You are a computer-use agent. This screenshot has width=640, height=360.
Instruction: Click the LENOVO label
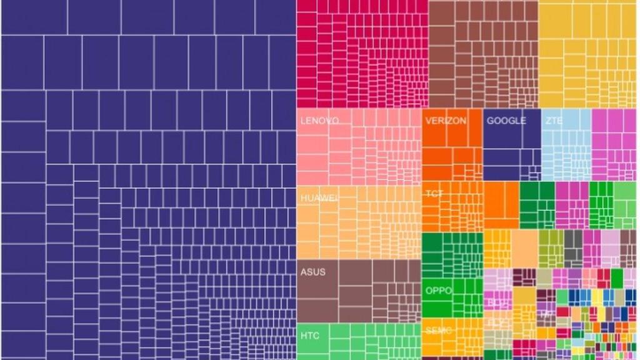coord(319,121)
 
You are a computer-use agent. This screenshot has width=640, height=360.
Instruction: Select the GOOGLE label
coord(506,121)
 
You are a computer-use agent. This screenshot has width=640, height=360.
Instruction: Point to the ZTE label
coord(552,121)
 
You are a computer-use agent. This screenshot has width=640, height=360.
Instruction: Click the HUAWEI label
coord(319,197)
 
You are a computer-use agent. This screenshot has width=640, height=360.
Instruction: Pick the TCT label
coord(434,194)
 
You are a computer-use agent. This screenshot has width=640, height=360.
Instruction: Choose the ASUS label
coord(312,272)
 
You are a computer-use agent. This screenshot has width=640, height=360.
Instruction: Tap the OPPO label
coord(439,291)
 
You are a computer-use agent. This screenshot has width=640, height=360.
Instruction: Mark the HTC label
coord(309,336)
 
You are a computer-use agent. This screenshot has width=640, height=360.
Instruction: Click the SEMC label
coord(439,331)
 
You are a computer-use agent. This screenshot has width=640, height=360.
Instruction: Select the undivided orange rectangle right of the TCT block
coord(501,205)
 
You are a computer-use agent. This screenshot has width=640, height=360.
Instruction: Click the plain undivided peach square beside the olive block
coord(525,248)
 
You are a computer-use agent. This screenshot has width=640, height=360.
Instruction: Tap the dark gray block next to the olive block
coord(573,248)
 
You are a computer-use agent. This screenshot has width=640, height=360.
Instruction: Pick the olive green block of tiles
coord(551,248)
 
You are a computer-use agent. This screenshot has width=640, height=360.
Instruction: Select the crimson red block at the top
coord(362,54)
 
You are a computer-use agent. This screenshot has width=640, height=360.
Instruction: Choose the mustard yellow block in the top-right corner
coord(588,54)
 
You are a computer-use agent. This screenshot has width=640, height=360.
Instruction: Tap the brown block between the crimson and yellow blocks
coord(483,54)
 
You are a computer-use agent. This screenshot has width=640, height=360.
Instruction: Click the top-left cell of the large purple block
coord(34,17)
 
